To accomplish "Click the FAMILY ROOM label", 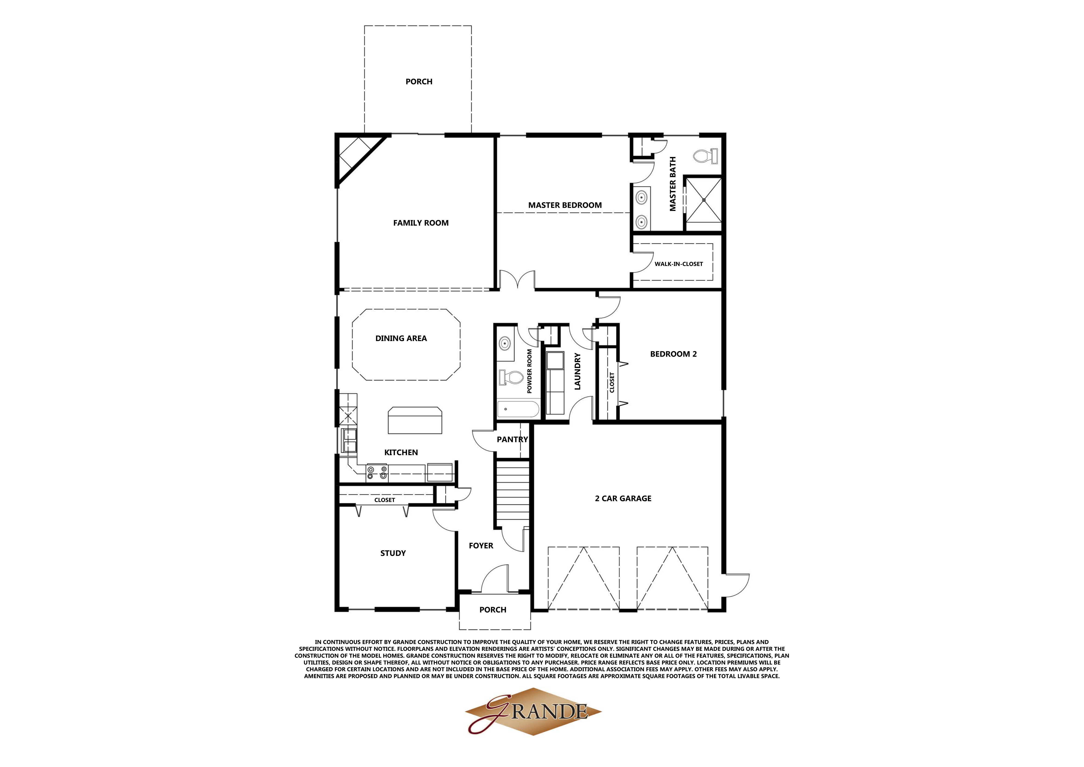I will click(x=421, y=223).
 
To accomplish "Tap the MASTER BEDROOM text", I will click(x=565, y=205).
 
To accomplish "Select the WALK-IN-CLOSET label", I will click(x=678, y=264).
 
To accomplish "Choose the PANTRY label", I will click(x=512, y=439).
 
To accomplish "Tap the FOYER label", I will click(x=481, y=546).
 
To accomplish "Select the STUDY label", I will click(x=393, y=553).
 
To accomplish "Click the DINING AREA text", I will click(x=401, y=338).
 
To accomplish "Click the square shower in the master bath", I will click(x=704, y=200).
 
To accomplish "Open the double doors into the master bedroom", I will click(x=517, y=280).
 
